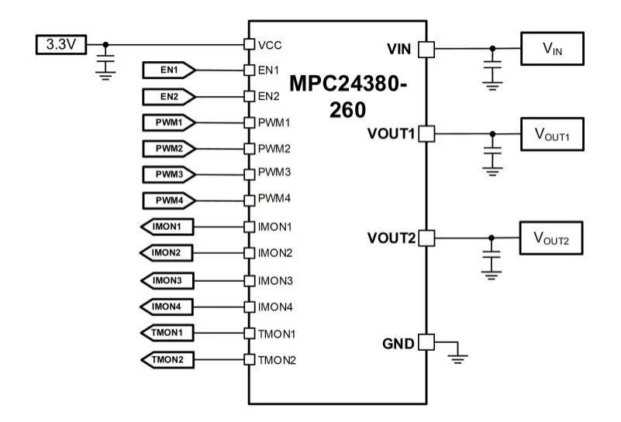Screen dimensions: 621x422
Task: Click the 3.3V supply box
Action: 61,44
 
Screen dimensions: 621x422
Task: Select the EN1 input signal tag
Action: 169,70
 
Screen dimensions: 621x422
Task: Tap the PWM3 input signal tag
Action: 169,174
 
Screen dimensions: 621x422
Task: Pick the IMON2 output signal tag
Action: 167,252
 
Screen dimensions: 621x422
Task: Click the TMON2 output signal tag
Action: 167,360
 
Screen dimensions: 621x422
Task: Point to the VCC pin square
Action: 249,44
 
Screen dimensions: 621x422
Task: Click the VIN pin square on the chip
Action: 426,50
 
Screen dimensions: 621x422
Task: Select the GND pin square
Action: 426,342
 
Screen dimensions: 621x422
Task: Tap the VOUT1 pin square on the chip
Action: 426,134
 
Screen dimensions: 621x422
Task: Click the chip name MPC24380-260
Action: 348,97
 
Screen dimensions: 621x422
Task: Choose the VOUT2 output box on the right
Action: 551,238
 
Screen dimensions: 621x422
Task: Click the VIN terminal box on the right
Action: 552,48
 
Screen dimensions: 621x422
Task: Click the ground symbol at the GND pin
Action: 457,359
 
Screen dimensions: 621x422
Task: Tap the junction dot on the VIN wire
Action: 492,49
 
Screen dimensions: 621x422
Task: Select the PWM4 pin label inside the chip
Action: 274,198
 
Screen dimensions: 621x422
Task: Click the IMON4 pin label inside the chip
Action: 275,307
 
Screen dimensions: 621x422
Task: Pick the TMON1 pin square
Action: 249,333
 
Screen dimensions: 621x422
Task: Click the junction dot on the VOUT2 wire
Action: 492,238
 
